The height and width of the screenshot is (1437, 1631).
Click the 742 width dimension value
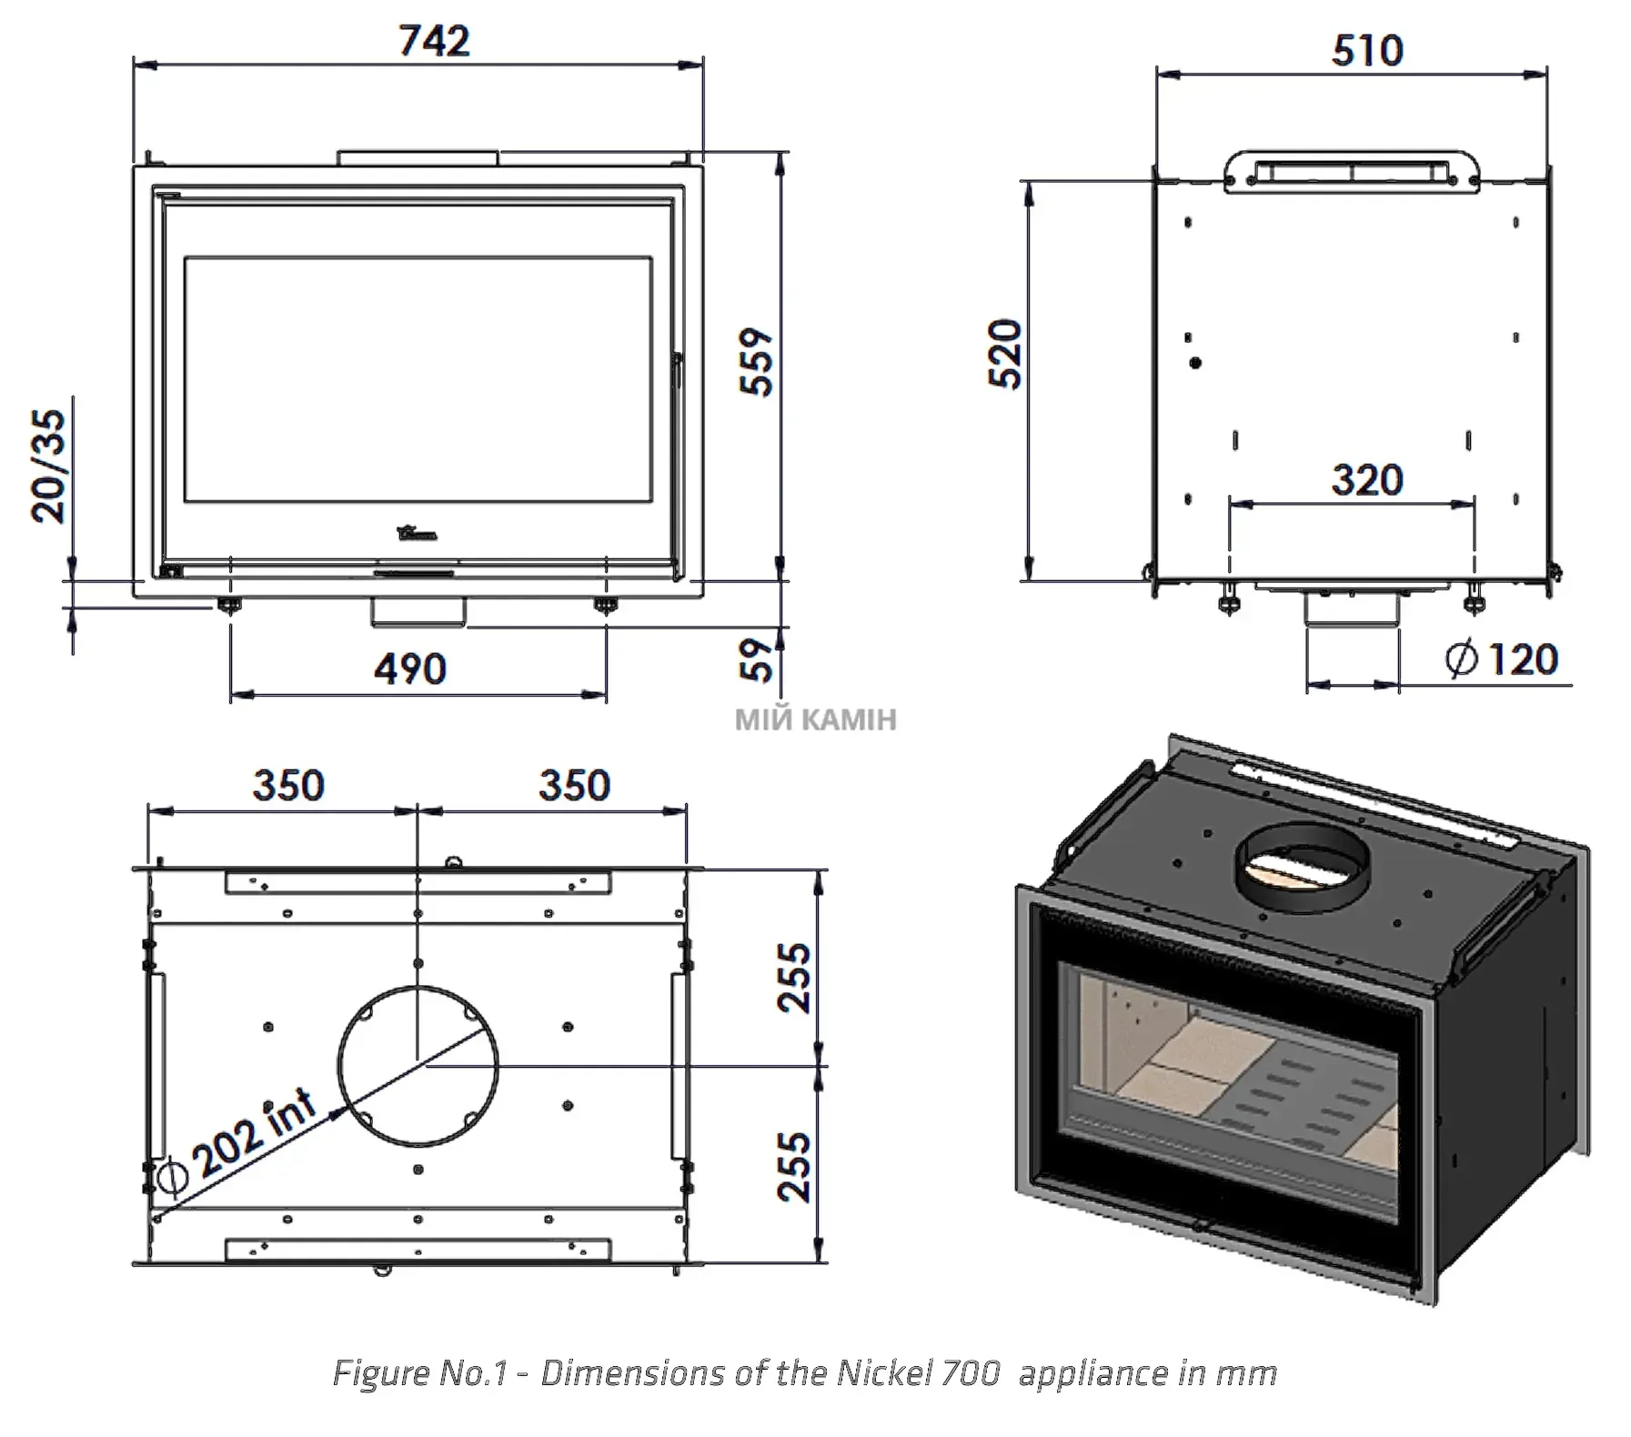tap(435, 41)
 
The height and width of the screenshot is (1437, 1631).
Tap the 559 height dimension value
tap(756, 361)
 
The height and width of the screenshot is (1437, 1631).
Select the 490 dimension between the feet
tap(410, 669)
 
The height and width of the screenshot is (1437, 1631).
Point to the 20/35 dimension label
tap(49, 466)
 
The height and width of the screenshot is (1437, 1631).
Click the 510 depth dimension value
tap(1367, 50)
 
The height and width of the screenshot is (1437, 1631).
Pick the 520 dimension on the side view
tap(1005, 355)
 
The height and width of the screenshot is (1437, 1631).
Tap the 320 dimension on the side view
tap(1367, 480)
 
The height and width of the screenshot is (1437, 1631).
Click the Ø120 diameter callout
tap(1502, 659)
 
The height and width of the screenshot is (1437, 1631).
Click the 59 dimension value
tap(757, 659)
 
